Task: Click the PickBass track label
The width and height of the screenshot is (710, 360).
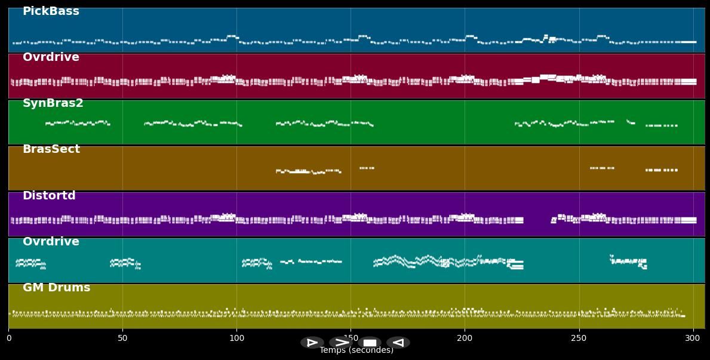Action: click(51, 11)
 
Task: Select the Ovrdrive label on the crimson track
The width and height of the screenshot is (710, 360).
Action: click(51, 57)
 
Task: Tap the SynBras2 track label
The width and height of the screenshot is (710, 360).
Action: click(53, 103)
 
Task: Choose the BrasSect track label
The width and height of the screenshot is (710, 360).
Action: click(51, 149)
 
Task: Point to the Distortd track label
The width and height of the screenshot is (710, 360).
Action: click(49, 196)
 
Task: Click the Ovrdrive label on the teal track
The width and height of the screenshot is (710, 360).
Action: click(51, 242)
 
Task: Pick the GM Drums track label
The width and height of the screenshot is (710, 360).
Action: click(57, 288)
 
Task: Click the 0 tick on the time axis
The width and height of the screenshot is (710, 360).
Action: click(8, 339)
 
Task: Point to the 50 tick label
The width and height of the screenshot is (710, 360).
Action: click(122, 339)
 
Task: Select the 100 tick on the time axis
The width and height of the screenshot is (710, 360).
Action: click(236, 339)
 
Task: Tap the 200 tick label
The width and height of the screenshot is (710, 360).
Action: click(465, 339)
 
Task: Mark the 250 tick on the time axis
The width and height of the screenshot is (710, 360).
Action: click(579, 339)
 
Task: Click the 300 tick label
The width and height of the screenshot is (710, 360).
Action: click(693, 339)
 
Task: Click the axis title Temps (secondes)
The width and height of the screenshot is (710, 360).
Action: click(356, 350)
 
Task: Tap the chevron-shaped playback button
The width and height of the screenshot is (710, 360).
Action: click(341, 343)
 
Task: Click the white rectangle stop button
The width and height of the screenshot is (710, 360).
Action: click(370, 343)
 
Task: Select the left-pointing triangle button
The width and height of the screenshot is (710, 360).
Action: click(398, 343)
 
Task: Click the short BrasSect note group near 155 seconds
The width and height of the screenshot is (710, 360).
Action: click(367, 168)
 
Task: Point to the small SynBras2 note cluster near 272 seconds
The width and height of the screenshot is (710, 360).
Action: click(631, 122)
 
